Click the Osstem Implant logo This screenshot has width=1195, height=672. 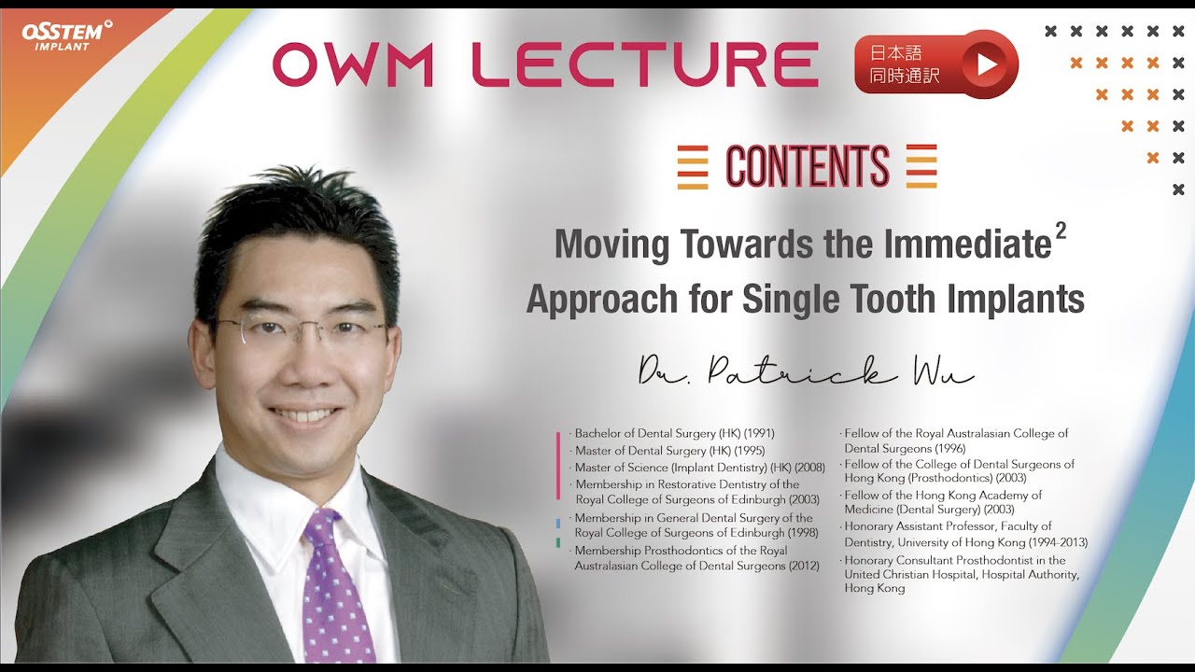coord(65,35)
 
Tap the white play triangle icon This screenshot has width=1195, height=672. coord(987,63)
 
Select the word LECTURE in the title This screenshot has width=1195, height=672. coord(644,64)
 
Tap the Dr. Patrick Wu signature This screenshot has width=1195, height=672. coord(806,373)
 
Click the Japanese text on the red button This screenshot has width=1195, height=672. coord(904,64)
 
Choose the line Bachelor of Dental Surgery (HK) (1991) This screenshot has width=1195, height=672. coord(674,433)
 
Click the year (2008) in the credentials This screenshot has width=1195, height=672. coord(809,467)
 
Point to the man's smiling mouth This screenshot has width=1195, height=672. coord(303,414)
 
